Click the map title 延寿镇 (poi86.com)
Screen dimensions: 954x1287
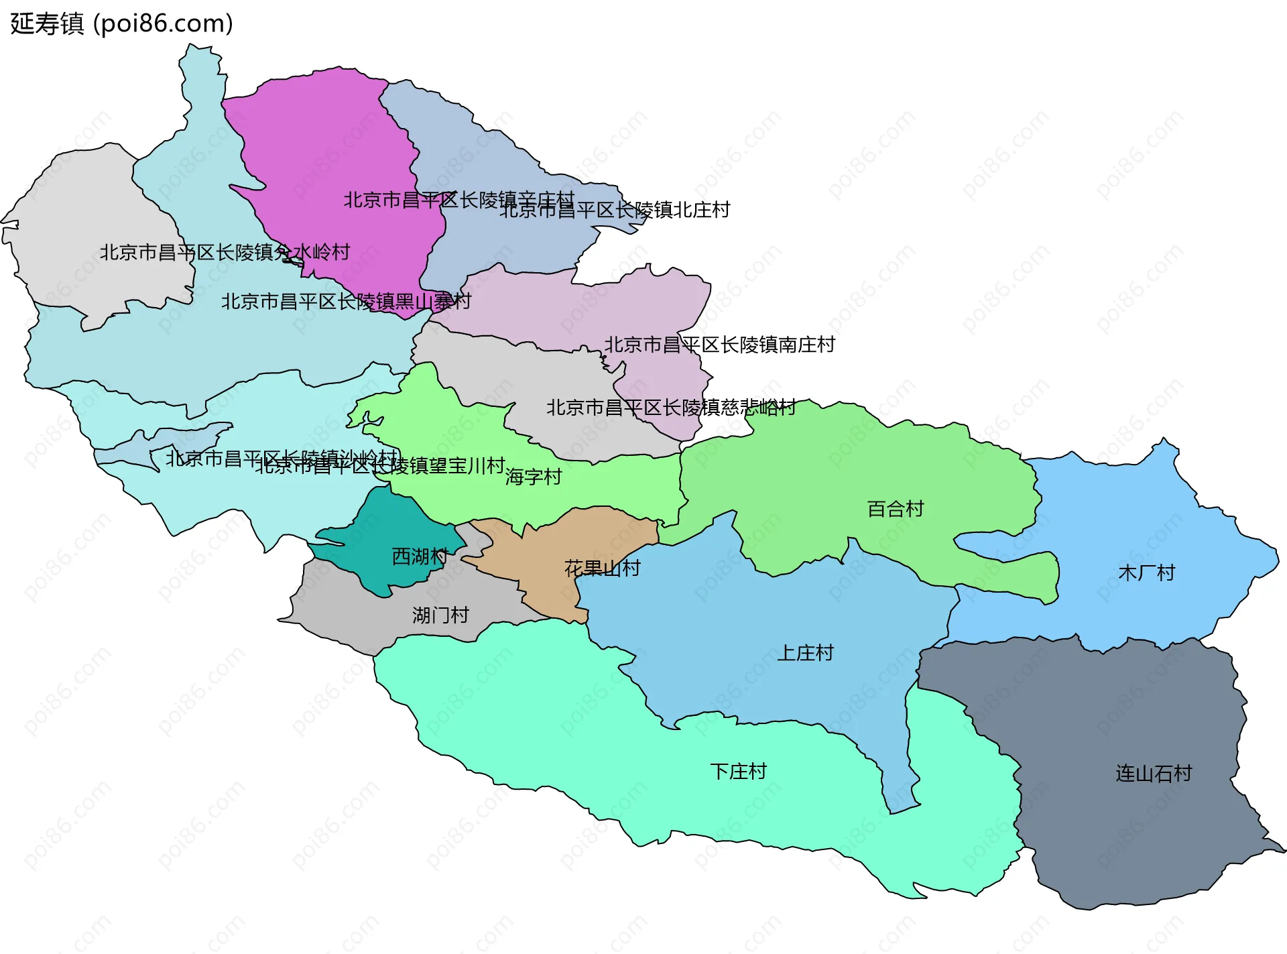tap(121, 23)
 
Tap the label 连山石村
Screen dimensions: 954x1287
tap(1154, 774)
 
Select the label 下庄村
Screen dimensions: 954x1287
tap(738, 772)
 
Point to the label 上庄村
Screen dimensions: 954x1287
tap(805, 653)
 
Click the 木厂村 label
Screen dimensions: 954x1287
tap(1146, 573)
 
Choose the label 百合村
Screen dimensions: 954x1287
tap(896, 509)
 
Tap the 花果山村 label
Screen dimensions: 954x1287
tap(603, 569)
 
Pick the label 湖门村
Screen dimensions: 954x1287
tap(440, 615)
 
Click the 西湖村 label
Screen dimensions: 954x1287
tap(420, 556)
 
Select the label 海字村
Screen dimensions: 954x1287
tap(534, 477)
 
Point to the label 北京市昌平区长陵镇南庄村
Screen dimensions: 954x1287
tap(720, 345)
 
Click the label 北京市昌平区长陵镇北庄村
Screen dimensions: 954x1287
tap(615, 210)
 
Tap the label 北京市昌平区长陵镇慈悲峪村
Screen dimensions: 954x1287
tap(671, 408)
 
